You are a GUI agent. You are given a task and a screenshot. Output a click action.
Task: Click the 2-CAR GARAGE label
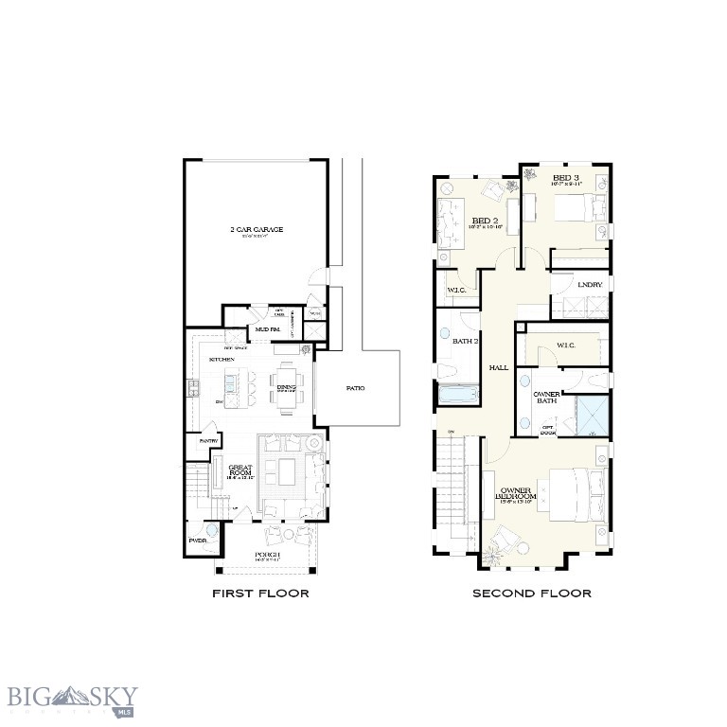coord(256,229)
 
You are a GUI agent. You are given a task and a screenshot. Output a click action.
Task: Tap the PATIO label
coord(355,388)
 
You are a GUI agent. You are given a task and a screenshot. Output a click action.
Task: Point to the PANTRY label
coord(208,441)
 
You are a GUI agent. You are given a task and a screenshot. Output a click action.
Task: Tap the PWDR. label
coord(198,541)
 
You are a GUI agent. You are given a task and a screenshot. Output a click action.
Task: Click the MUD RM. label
coord(267,329)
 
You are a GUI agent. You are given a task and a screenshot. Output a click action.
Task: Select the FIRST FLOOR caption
coord(260,594)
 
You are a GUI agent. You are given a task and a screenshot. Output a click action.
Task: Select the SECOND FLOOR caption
coord(532,594)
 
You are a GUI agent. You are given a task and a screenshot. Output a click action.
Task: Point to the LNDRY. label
coord(589,285)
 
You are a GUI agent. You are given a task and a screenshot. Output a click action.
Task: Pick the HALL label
coord(498,367)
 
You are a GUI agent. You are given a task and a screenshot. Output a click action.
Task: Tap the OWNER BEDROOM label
coord(518,493)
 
